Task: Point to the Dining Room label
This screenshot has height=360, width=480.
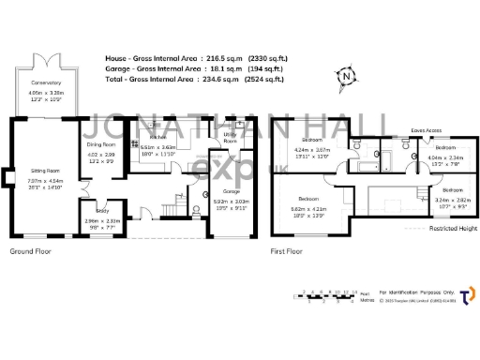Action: click(x=101, y=144)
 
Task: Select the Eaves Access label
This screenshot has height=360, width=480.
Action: click(x=427, y=130)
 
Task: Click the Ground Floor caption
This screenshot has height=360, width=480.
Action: click(x=31, y=252)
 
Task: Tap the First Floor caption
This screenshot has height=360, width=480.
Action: click(x=289, y=252)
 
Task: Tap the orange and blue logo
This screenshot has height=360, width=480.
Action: click(x=465, y=296)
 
